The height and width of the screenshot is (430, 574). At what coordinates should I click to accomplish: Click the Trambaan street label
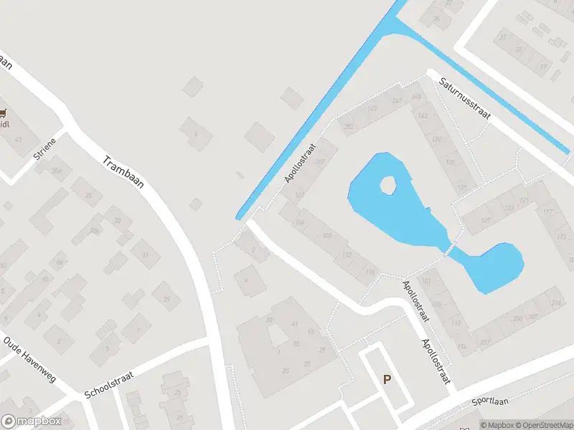(x=123, y=172)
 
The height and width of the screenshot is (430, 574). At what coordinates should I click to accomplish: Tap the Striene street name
(x=44, y=146)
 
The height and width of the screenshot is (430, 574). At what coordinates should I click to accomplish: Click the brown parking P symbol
(x=387, y=380)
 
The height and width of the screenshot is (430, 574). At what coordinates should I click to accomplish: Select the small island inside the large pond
(x=387, y=186)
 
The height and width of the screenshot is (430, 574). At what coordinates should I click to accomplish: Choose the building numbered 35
(x=90, y=196)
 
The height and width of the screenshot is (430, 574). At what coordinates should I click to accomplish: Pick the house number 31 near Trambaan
(x=145, y=254)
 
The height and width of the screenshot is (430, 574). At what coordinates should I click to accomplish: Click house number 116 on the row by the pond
(x=370, y=272)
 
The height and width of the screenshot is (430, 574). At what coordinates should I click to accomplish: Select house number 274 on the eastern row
(x=555, y=304)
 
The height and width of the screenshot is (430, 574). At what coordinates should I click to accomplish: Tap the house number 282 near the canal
(x=349, y=126)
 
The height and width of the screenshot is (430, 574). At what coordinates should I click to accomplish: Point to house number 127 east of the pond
(x=486, y=220)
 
